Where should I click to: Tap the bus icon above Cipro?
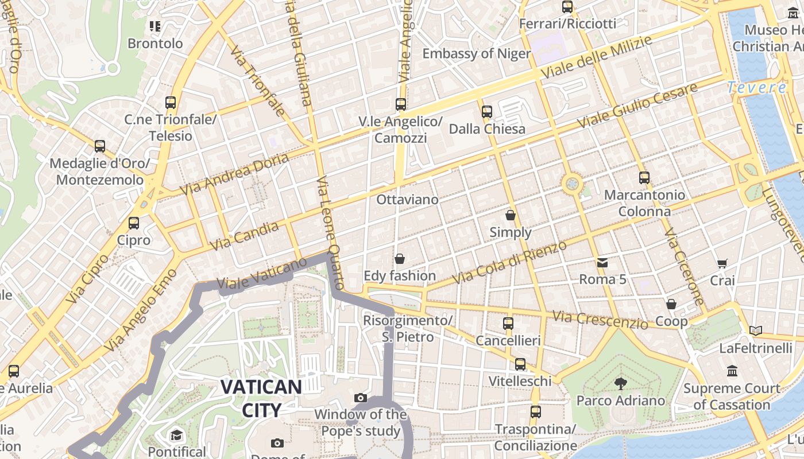[x=134, y=223]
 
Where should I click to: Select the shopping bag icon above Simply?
[x=511, y=215]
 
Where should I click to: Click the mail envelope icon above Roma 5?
[x=602, y=263]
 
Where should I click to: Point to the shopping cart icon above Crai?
[x=722, y=264]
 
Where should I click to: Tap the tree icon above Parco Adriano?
[x=620, y=383]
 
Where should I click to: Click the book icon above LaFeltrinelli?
[x=756, y=331]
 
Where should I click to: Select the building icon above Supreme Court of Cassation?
[x=732, y=371]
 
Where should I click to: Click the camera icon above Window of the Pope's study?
[x=361, y=398]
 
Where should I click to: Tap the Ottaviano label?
[x=407, y=200]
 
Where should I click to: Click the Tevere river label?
[x=757, y=88]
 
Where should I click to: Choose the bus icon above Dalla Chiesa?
[x=487, y=112]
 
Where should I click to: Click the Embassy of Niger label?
[x=477, y=54]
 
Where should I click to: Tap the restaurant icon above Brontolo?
[x=154, y=26]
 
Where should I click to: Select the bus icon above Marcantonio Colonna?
[x=644, y=178]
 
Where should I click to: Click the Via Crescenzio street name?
[x=600, y=320]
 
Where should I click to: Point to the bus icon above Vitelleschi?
[x=520, y=364]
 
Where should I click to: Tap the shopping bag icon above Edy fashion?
[x=400, y=259]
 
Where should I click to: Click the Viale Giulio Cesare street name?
[x=637, y=106]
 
